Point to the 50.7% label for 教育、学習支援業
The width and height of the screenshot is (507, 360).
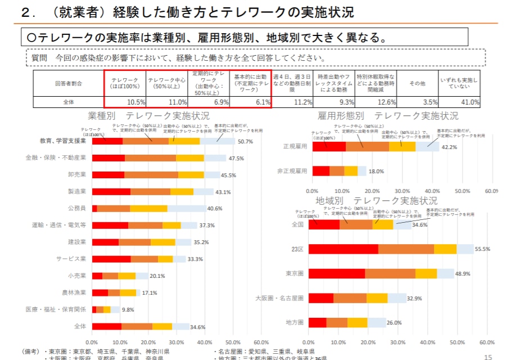245,141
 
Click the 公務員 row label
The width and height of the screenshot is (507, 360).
76,208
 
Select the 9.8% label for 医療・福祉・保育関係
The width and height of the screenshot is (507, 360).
128,310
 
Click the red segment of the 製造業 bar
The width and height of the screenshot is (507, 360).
111,192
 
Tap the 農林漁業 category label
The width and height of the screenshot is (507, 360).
74,292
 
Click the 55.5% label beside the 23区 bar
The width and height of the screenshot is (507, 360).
482,249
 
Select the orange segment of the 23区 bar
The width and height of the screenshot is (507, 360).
406,249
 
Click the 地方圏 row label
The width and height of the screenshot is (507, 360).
295,322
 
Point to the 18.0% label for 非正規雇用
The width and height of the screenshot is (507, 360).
376,171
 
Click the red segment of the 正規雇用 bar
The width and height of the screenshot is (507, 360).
329,146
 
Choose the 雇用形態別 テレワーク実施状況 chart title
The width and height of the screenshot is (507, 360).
388,116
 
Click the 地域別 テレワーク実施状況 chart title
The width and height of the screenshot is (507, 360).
377,201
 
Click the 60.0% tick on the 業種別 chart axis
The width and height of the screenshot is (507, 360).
260,341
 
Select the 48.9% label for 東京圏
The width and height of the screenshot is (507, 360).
463,273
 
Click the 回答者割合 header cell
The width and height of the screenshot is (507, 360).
69,83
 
